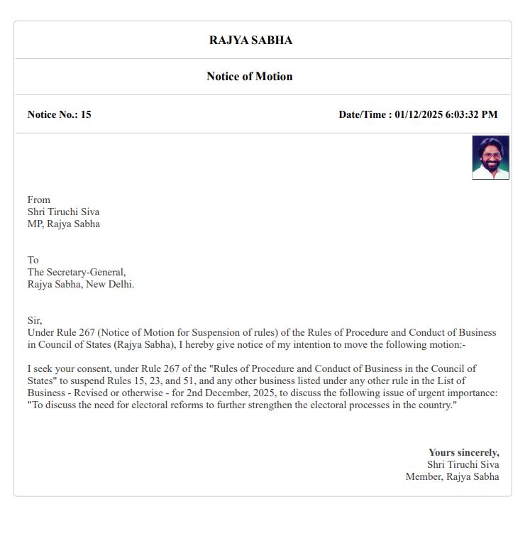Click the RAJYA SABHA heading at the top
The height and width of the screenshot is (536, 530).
250,40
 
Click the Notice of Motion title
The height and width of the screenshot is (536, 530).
249,77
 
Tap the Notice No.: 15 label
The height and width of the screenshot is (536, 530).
59,114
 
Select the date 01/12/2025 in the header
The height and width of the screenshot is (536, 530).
419,114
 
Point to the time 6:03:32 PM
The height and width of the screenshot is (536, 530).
471,114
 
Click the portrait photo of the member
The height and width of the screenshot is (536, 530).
490,158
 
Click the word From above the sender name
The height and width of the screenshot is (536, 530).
39,200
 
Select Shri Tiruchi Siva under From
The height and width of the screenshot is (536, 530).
63,212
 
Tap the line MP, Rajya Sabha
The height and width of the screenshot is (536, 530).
63,224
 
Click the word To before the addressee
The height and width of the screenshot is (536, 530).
33,261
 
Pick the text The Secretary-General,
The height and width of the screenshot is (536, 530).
77,273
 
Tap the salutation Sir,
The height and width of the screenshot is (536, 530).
35,321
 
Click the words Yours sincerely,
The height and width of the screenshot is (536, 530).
463,453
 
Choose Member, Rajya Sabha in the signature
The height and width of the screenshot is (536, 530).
452,477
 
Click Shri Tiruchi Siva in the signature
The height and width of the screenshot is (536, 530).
463,465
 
